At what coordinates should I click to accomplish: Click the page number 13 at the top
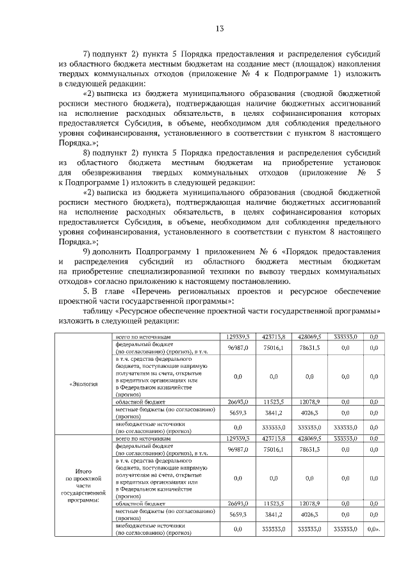tap(219, 29)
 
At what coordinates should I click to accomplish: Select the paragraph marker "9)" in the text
tap(88, 251)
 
